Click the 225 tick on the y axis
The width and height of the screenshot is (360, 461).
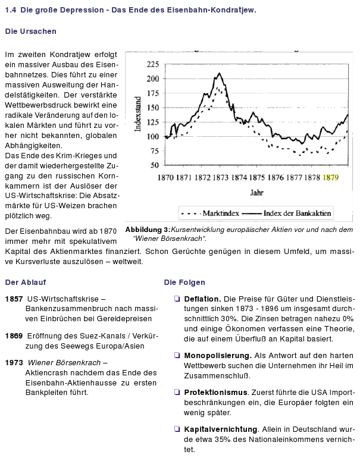click(x=153, y=64)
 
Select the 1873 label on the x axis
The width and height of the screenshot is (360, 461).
click(x=220, y=177)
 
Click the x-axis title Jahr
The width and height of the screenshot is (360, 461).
click(x=256, y=193)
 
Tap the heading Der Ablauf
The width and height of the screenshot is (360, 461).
click(x=26, y=282)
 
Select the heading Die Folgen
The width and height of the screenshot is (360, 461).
click(x=184, y=282)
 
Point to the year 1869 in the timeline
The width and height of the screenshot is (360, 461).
click(x=14, y=336)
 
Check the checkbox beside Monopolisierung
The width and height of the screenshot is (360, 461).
click(x=177, y=355)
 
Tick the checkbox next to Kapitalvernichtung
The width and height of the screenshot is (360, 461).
click(x=177, y=429)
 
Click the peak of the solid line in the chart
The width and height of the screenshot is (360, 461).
click(x=220, y=73)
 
